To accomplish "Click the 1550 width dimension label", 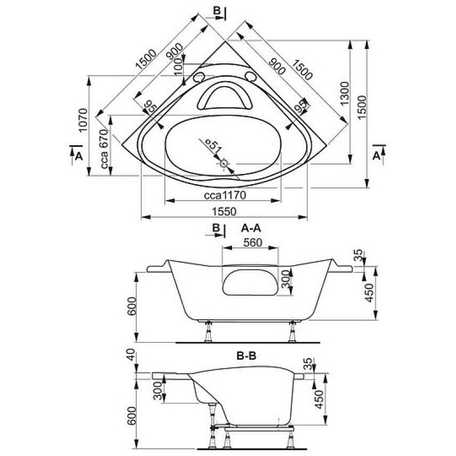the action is pyautogui.click(x=224, y=211).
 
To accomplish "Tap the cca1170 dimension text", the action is pyautogui.click(x=225, y=195).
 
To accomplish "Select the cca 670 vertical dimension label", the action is pyautogui.click(x=104, y=149).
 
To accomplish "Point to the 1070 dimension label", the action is pyautogui.click(x=83, y=120).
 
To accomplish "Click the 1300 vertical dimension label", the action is pyautogui.click(x=345, y=93).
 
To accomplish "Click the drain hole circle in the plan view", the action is pyautogui.click(x=223, y=164).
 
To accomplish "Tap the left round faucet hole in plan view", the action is pyautogui.click(x=199, y=77).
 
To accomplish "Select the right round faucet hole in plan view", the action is pyautogui.click(x=250, y=76).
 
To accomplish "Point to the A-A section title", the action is pyautogui.click(x=251, y=229).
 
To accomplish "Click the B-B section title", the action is pyautogui.click(x=246, y=356).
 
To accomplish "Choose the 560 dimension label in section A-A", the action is pyautogui.click(x=253, y=242).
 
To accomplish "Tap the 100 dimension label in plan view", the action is pyautogui.click(x=179, y=66).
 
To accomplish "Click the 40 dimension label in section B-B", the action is pyautogui.click(x=132, y=355).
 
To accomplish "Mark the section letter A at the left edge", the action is pyautogui.click(x=79, y=156).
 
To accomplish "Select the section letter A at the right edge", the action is pyautogui.click(x=376, y=156).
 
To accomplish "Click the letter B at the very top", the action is pyautogui.click(x=217, y=11).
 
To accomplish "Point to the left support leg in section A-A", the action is pyautogui.click(x=208, y=332).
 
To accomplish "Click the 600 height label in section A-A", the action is pyautogui.click(x=132, y=306).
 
